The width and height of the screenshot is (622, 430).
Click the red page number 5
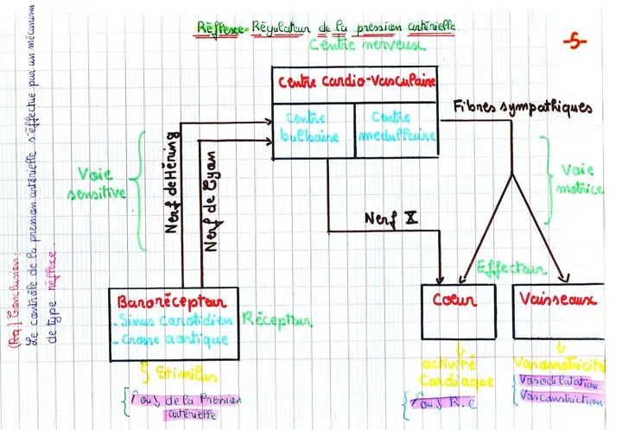pos(574,41)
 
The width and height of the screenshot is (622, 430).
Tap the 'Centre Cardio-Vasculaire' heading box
pos(356,83)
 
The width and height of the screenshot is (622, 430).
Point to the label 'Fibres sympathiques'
pos(524,108)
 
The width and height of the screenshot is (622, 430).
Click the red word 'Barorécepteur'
pos(175,303)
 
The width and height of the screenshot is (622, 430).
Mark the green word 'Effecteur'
pos(510,269)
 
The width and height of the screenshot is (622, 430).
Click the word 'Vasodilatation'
pos(558,382)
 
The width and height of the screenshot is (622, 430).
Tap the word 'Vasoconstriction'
pos(562,400)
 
